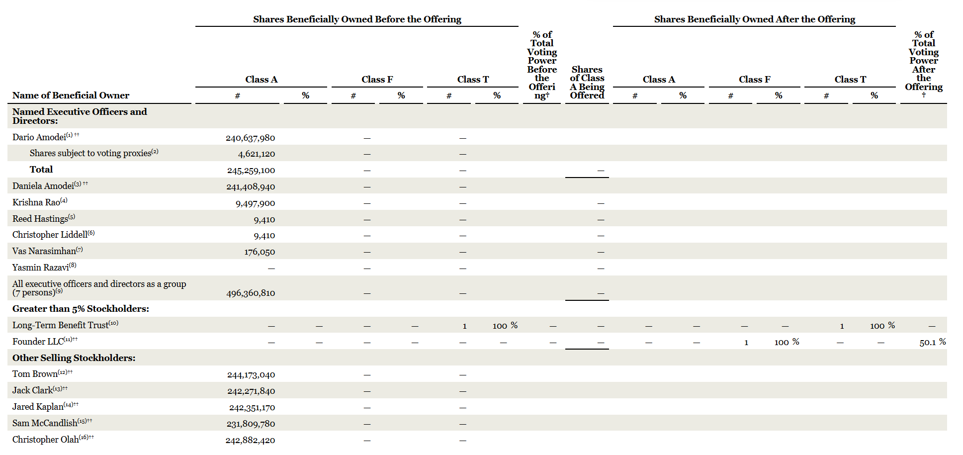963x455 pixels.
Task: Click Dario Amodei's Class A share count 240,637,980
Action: coord(250,138)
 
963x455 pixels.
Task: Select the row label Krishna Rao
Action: coord(36,202)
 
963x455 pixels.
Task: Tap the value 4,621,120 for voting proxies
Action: coord(257,154)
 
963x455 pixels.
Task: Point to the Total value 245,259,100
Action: coord(251,171)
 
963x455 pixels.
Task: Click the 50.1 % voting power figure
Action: coord(933,342)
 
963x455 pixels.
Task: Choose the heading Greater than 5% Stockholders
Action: coord(81,309)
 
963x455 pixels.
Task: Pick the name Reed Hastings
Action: coord(40,219)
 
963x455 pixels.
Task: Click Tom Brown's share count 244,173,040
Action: coord(251,375)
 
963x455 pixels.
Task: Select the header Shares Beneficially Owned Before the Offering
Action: coord(357,19)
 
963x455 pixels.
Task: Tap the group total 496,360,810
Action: coord(251,293)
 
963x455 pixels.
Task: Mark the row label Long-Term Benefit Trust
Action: coord(60,325)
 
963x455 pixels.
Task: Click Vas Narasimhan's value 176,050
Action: coord(260,252)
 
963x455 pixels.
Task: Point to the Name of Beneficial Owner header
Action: coord(71,95)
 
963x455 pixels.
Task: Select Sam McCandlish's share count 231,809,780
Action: coord(251,424)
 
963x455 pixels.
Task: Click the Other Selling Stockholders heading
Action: coord(74,358)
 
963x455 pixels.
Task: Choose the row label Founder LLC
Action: coord(38,342)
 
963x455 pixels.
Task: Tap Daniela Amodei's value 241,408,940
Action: coord(251,187)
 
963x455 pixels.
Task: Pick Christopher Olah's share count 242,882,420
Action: coord(250,441)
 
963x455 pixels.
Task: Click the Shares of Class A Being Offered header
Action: coord(587,83)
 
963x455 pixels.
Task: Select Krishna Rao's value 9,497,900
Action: coord(255,203)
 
